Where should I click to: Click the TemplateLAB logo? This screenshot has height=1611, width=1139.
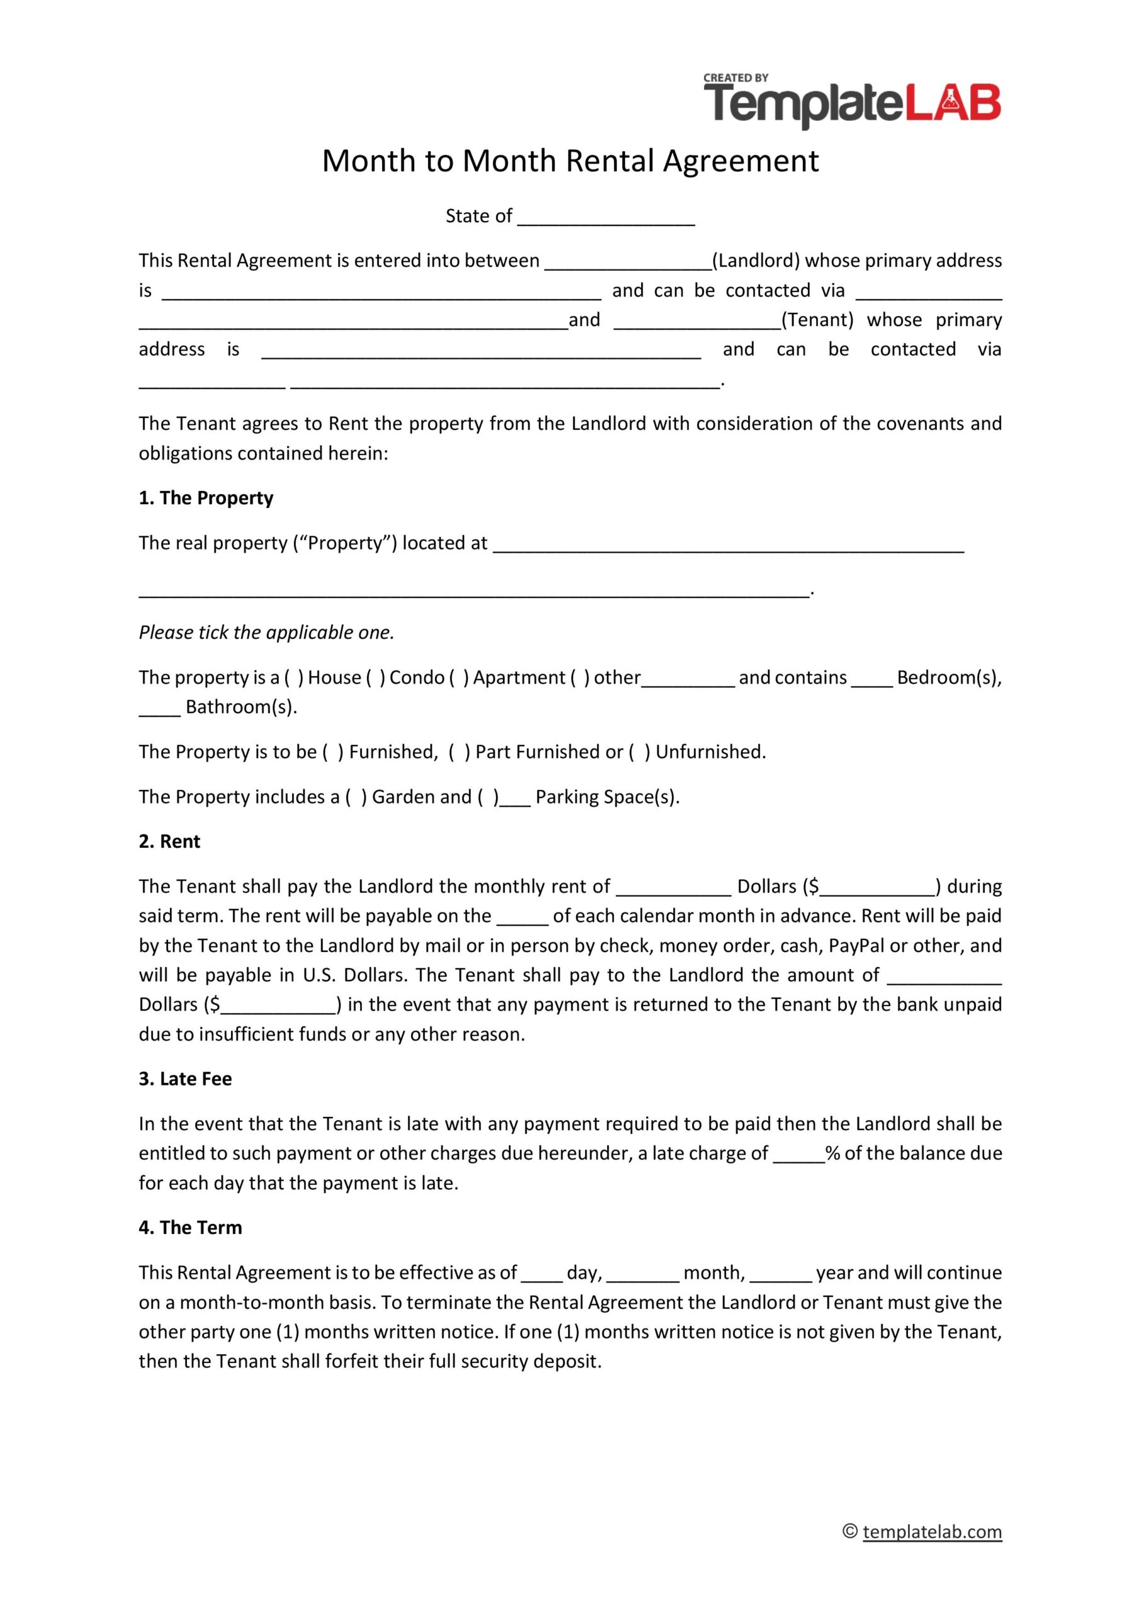pyautogui.click(x=852, y=103)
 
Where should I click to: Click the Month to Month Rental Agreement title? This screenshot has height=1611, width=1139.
pyautogui.click(x=570, y=160)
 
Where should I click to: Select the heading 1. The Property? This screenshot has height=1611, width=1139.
pyautogui.click(x=206, y=498)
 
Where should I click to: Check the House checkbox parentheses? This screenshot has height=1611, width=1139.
pyautogui.click(x=294, y=677)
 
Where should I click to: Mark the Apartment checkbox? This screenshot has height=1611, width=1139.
pyautogui.click(x=459, y=677)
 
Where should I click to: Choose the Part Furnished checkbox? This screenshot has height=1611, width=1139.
pyautogui.click(x=459, y=751)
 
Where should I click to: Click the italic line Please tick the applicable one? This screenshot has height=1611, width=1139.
pyautogui.click(x=267, y=632)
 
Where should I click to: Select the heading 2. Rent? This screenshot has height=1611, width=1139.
pyautogui.click(x=169, y=841)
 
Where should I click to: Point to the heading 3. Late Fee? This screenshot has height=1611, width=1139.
pyautogui.click(x=185, y=1079)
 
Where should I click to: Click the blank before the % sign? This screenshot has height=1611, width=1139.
pyautogui.click(x=799, y=1154)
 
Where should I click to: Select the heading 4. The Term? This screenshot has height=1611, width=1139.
pyautogui.click(x=190, y=1227)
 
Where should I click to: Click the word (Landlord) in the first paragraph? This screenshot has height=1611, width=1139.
pyautogui.click(x=756, y=261)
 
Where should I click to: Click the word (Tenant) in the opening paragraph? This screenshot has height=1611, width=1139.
pyautogui.click(x=817, y=320)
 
